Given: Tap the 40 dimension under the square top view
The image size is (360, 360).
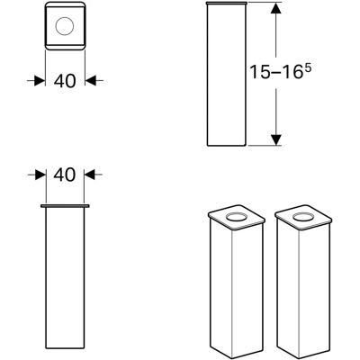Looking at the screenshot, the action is (x=65, y=81).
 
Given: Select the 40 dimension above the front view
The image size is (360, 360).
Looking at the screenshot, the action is (x=65, y=175).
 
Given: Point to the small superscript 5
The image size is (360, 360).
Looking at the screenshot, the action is (x=308, y=69).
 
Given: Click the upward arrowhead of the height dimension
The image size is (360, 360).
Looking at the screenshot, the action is (x=276, y=8).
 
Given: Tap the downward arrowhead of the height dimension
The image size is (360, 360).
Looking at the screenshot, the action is (x=276, y=139).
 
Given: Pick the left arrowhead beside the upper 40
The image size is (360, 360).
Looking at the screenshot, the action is (x=40, y=81).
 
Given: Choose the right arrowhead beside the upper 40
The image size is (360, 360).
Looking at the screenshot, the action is (x=90, y=81).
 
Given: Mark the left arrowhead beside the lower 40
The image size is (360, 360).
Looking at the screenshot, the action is (x=40, y=175).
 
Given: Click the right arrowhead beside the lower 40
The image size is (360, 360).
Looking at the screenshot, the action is (x=89, y=175).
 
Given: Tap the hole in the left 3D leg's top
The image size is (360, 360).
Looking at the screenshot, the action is (x=236, y=217).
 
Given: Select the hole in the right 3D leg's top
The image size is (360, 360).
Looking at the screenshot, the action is (x=302, y=217).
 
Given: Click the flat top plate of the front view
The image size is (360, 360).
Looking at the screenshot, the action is (x=65, y=206).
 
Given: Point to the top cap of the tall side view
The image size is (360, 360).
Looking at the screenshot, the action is (x=227, y=4).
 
